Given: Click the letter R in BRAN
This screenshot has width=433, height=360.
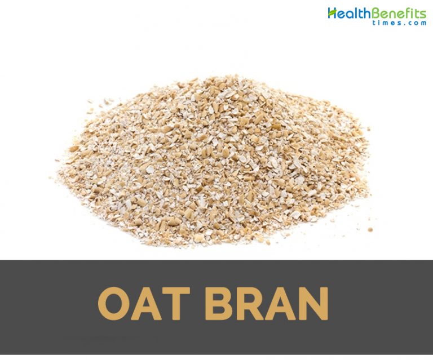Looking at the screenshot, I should pos(252,305).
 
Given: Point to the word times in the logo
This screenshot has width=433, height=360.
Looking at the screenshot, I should pos(380,23).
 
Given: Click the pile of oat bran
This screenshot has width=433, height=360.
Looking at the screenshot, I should pos(214,163).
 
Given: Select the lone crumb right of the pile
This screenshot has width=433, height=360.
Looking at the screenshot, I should pos(370,230).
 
